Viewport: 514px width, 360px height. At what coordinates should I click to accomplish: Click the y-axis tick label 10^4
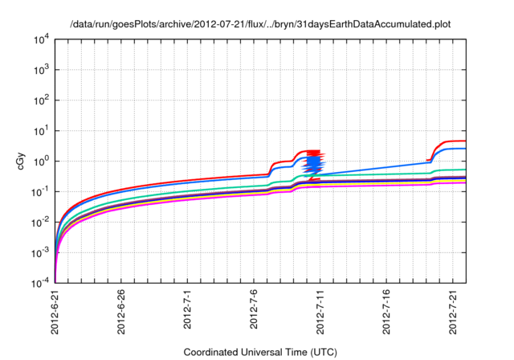click(x=42, y=39)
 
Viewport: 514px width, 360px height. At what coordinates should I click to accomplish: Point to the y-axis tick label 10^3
click(x=42, y=69)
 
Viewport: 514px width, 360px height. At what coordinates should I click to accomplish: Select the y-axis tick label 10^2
click(x=42, y=100)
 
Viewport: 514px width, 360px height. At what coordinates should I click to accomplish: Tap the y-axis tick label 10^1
click(x=42, y=130)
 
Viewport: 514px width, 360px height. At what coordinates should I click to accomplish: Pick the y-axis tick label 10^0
click(x=42, y=161)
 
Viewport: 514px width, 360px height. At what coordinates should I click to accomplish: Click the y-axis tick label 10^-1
click(x=41, y=191)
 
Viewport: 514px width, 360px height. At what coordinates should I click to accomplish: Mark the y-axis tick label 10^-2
click(x=41, y=222)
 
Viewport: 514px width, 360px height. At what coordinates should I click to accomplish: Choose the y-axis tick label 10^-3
click(x=41, y=252)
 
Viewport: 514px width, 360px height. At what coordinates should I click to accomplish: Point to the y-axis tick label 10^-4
click(x=41, y=283)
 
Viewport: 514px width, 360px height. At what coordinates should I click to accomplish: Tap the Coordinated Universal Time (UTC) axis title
click(x=259, y=352)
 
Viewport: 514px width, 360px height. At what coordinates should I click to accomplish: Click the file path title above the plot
click(x=259, y=23)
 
